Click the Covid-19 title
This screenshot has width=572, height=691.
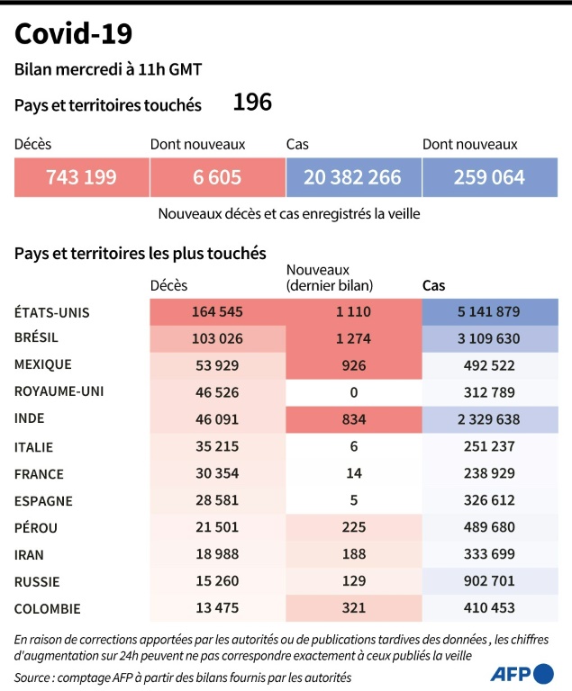(73, 33)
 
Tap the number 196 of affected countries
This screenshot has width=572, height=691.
(252, 103)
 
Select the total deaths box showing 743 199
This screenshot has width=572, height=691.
(81, 177)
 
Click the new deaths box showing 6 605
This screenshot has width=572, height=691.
(217, 177)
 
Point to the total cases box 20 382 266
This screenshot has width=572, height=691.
(352, 177)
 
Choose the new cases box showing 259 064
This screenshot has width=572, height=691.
(489, 177)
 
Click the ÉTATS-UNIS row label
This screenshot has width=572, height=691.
(52, 312)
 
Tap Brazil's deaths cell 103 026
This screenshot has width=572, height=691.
(217, 338)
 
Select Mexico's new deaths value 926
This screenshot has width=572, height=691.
(353, 364)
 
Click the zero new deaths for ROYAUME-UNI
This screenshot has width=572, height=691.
(353, 391)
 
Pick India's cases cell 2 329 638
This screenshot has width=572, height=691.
(489, 418)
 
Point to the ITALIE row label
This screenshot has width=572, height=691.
(33, 446)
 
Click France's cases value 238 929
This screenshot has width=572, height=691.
(489, 473)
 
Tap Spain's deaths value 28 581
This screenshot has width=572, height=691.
(217, 500)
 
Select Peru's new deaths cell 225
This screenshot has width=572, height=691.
(353, 527)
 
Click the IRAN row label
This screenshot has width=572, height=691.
(30, 555)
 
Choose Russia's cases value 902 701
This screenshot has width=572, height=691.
(489, 581)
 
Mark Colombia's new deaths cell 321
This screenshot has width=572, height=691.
(353, 608)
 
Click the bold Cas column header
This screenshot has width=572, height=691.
(434, 285)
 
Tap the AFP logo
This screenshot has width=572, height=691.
(522, 673)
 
